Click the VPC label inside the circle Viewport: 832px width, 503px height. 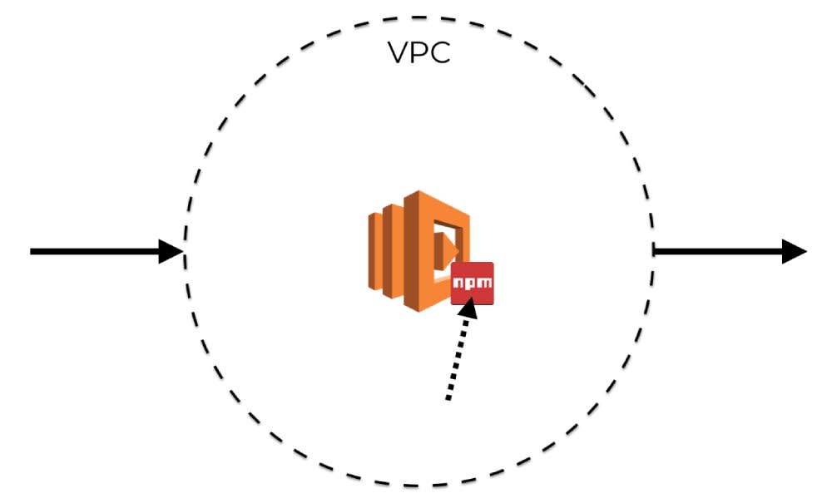pyautogui.click(x=419, y=52)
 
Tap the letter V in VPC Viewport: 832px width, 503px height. pyautogui.click(x=400, y=52)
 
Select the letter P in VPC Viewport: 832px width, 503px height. pyautogui.click(x=420, y=52)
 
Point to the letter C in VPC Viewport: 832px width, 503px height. pyautogui.click(x=439, y=52)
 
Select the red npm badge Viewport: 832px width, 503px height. pyautogui.click(x=472, y=284)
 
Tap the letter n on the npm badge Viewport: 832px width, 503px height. pyautogui.click(x=460, y=284)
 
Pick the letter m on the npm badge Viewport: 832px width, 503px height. pyautogui.click(x=483, y=284)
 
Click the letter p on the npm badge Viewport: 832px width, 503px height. pyautogui.click(x=471, y=284)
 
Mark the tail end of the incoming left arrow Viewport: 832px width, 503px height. pyautogui.click(x=33, y=251)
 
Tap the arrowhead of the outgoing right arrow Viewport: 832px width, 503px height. pyautogui.click(x=795, y=250)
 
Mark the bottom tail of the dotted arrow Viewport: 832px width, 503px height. pyautogui.click(x=448, y=398)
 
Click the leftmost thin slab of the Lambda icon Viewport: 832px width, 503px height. pyautogui.click(x=375, y=250)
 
